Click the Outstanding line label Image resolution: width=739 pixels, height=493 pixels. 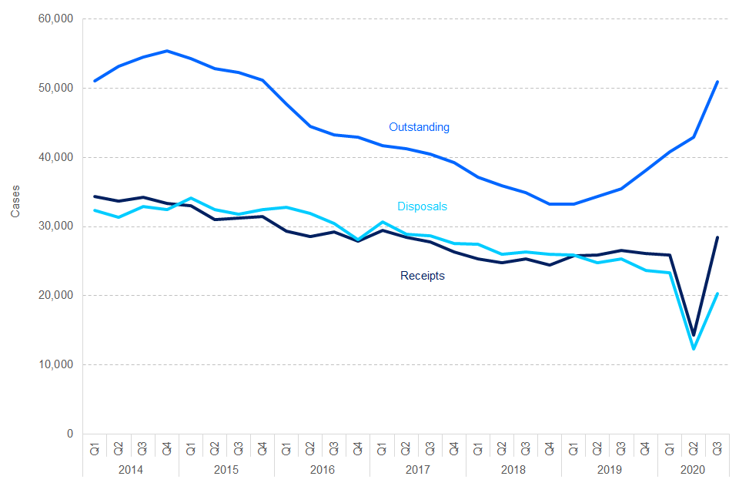(419, 127)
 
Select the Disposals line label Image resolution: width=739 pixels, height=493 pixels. (422, 206)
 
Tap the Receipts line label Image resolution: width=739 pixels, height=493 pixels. (422, 276)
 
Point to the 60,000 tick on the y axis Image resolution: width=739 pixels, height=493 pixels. (55, 19)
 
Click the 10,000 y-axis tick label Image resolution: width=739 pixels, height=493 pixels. (55, 365)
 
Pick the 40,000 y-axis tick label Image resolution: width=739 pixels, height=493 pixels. (55, 157)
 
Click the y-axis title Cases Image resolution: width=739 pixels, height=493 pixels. (16, 202)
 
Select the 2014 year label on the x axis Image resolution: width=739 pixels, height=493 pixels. (130, 470)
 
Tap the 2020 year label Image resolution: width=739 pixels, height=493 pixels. (694, 470)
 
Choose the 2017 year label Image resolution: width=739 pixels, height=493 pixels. (417, 470)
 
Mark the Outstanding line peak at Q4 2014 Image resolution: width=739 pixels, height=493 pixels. (167, 51)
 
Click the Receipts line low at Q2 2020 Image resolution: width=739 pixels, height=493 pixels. (694, 335)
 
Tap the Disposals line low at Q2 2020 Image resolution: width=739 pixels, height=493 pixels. (694, 349)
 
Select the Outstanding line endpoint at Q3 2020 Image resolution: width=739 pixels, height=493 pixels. (717, 82)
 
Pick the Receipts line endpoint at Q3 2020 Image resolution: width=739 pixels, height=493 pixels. (717, 237)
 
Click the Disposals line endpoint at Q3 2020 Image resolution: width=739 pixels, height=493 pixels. (717, 293)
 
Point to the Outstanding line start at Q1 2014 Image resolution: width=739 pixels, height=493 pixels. (95, 81)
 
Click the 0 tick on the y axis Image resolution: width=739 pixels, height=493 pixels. (69, 434)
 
